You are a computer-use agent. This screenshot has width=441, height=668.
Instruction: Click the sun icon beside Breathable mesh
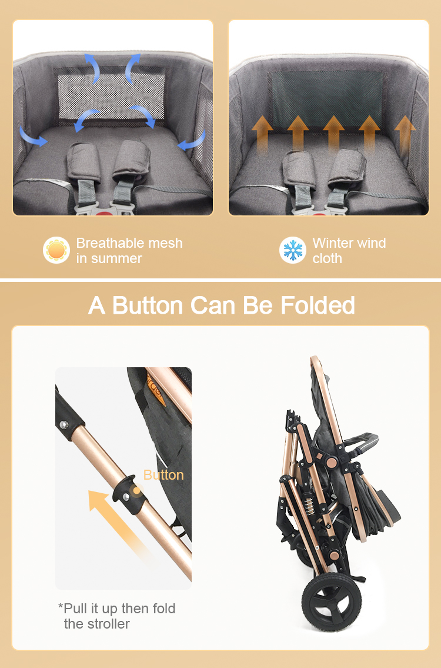pyautogui.click(x=56, y=250)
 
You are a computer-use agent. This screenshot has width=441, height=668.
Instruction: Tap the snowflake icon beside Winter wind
pyautogui.click(x=292, y=250)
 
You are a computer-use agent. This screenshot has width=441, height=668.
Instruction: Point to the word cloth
pyautogui.click(x=327, y=258)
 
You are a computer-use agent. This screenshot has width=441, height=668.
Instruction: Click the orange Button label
pyautogui.click(x=163, y=475)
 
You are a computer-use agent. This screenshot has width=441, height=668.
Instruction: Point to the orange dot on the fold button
pyautogui.click(x=136, y=489)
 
